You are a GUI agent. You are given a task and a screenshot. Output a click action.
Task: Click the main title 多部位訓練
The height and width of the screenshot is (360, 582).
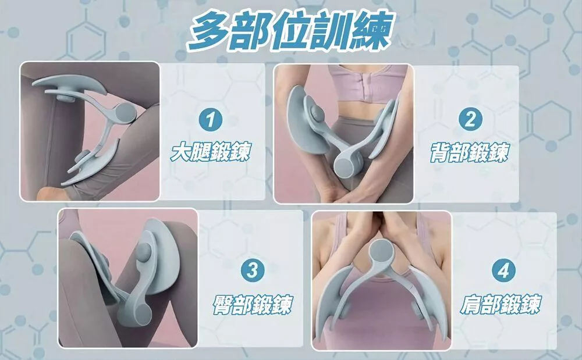pyautogui.click(x=290, y=32)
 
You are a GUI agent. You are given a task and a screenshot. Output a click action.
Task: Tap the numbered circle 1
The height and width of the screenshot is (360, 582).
pyautogui.click(x=211, y=119)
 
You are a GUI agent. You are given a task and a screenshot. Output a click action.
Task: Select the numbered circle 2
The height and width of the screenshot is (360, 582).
pyautogui.click(x=470, y=119)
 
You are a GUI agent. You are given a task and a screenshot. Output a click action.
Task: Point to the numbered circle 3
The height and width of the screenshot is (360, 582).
pyautogui.click(x=253, y=270)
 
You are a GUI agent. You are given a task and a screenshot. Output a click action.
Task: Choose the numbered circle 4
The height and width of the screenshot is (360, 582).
pyautogui.click(x=503, y=270)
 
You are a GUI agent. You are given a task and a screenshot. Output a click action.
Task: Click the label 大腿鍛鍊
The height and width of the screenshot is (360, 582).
pyautogui.click(x=211, y=151)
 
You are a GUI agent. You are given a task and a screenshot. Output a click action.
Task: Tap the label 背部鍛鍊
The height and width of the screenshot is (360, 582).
pyautogui.click(x=470, y=152)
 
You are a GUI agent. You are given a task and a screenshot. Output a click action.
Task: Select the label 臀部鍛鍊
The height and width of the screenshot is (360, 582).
pyautogui.click(x=253, y=305)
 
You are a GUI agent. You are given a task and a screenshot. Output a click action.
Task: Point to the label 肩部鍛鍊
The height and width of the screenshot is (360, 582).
pyautogui.click(x=501, y=304)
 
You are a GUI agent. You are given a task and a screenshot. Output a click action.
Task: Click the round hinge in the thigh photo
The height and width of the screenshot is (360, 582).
pyautogui.click(x=125, y=112)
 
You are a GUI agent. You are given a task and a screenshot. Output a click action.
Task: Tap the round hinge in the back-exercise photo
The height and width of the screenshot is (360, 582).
pyautogui.click(x=348, y=163)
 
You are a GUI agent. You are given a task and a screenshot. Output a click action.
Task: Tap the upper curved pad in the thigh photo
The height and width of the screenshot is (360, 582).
pyautogui.click(x=69, y=84)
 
